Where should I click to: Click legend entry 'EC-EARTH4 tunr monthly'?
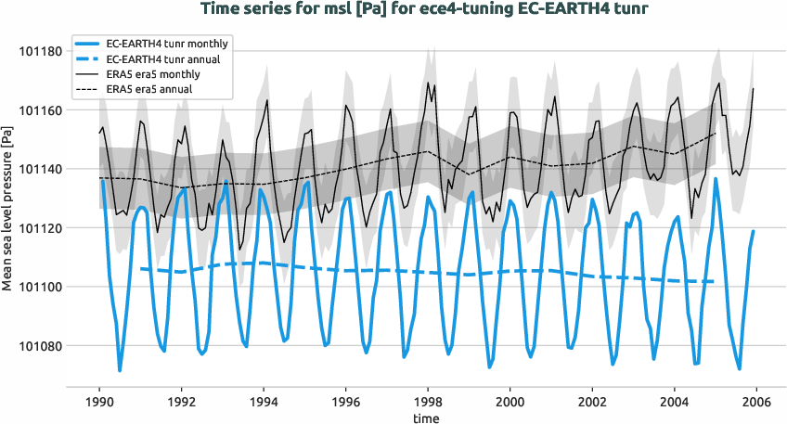point(168,45)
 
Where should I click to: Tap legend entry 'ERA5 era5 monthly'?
point(152,73)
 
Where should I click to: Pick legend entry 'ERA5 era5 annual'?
point(149,88)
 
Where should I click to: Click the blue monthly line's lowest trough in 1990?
point(120,371)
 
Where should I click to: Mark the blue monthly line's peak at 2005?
point(716,178)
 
